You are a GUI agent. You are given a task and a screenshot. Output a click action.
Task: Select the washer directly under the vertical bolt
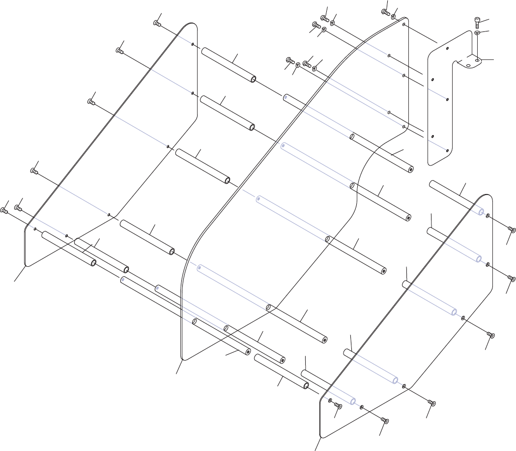[478, 32]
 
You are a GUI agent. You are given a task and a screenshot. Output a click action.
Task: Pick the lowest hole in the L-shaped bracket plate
[447, 150]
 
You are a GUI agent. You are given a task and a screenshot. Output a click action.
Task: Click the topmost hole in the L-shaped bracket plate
[447, 49]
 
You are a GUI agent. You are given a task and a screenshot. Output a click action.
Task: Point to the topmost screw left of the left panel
[157, 23]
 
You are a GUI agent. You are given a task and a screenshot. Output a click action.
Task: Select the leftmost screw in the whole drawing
[4, 211]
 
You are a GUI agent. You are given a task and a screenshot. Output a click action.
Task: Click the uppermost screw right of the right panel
[511, 229]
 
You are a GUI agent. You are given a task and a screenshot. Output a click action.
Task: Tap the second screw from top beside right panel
[512, 279]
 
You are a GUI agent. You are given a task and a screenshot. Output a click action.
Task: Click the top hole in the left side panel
[193, 44]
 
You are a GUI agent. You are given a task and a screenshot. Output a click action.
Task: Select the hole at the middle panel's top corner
[403, 24]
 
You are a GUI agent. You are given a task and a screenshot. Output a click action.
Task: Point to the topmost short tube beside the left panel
[229, 65]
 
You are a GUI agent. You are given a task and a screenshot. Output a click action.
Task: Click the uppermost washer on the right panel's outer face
[487, 216]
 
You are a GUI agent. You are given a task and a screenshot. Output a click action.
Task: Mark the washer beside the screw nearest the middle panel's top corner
[394, 16]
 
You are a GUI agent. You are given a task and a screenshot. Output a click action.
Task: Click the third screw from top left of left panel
[91, 102]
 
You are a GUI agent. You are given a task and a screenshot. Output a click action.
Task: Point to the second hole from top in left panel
[193, 93]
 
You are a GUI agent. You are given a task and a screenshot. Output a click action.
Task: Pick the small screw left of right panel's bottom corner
[338, 406]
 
